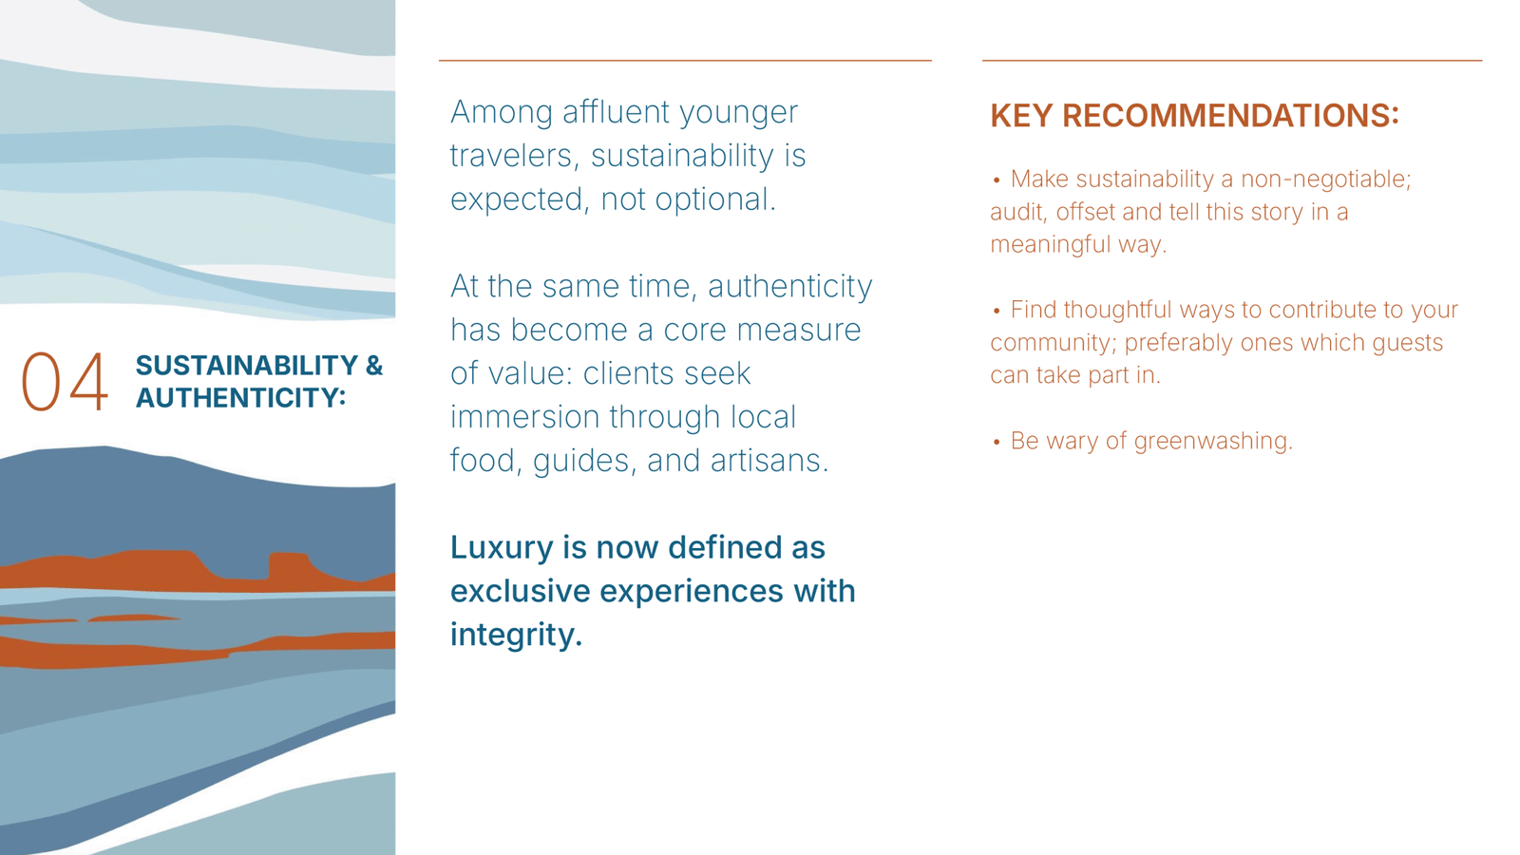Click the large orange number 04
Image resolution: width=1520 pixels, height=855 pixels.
coord(65,381)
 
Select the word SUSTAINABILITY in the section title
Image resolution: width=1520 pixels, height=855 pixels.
coord(246,366)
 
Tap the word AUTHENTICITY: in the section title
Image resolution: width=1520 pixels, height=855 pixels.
coord(241,398)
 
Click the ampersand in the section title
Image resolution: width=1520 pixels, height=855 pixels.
coord(374,366)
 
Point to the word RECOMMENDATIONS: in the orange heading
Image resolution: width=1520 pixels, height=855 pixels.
coord(1230,115)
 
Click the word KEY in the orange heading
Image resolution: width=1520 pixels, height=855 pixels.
coord(1021,115)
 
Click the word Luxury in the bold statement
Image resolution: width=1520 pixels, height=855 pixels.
coord(502,548)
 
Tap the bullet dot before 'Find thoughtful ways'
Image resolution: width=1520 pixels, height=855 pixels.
coord(997,312)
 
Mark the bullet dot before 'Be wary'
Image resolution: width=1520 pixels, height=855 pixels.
coord(997,443)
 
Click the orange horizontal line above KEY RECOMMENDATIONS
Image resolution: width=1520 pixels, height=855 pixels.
coord(1231,61)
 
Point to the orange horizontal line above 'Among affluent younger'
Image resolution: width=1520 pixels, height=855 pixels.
coord(685,61)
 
